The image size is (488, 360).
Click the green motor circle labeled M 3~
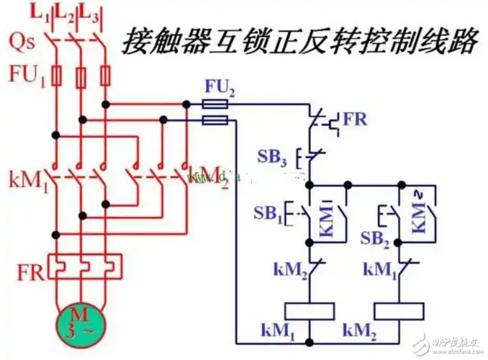[x=80, y=323]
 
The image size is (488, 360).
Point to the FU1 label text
[x=26, y=74]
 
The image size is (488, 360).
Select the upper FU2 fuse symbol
[x=217, y=104]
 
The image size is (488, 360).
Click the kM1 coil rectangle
[x=309, y=311]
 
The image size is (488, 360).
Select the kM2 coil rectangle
[x=399, y=311]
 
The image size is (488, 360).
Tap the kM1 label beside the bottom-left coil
[x=277, y=332]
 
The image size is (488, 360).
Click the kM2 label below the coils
[x=358, y=332]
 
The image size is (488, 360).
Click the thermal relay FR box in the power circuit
[x=83, y=267]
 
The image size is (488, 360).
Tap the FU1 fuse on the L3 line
[x=106, y=75]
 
